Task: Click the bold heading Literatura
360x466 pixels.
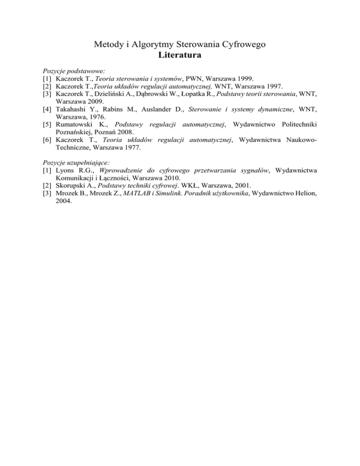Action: click(180, 55)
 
